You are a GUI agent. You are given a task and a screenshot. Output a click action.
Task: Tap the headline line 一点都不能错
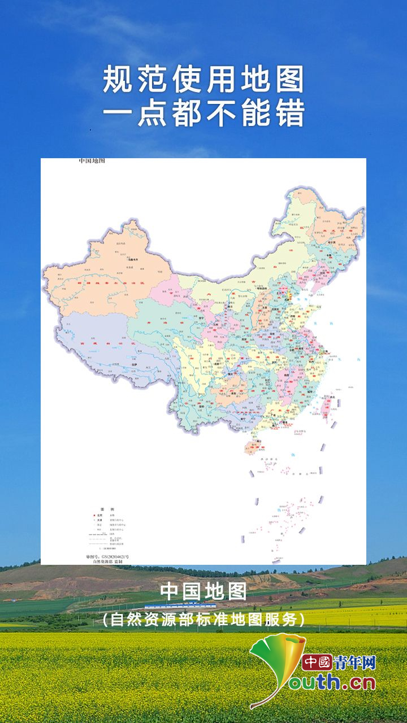pyautogui.click(x=203, y=112)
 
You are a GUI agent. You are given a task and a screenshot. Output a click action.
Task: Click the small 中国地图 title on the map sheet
pyautogui.click(x=92, y=162)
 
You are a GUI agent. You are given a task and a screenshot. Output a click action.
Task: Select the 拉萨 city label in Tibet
pyautogui.click(x=135, y=365)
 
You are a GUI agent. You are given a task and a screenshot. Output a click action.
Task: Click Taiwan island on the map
pyautogui.click(x=327, y=406)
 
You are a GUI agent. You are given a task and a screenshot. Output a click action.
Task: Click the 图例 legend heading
pyautogui.click(x=104, y=509)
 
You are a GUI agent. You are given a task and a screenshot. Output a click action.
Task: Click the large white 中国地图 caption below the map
pyautogui.click(x=203, y=592)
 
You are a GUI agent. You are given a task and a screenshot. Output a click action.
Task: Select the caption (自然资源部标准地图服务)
pyautogui.click(x=203, y=620)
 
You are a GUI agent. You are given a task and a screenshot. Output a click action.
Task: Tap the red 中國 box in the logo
pyautogui.click(x=317, y=662)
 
